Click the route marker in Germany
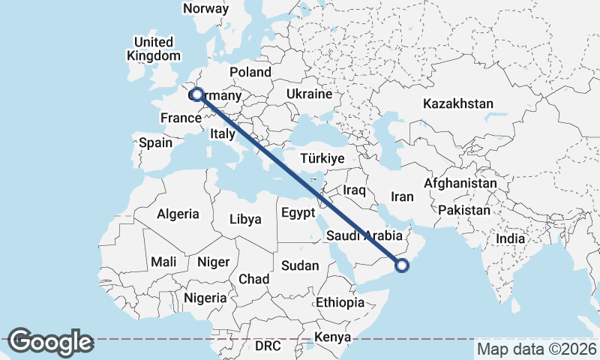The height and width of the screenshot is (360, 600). tap(196, 94)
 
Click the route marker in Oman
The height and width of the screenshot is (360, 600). tap(402, 264)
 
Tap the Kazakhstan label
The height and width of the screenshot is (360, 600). tap(458, 103)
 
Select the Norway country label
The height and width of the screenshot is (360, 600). tap(205, 9)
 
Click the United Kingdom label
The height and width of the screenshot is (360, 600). tap(154, 49)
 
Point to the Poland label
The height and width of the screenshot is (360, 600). tap(250, 72)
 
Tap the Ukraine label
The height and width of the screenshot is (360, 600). tap(308, 94)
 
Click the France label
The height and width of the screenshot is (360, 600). tap(181, 118)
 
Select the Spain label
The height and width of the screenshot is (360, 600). tap(156, 142)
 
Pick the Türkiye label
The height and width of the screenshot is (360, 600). tap(322, 159)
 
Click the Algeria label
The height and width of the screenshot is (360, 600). tap(178, 214)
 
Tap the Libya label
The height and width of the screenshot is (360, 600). tap(245, 220)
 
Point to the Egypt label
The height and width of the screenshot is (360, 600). tap(298, 213)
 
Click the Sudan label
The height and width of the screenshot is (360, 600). tap(300, 265)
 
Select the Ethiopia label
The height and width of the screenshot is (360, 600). tap(340, 302)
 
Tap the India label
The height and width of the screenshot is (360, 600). tap(511, 238)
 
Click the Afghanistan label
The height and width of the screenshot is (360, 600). tap(460, 183)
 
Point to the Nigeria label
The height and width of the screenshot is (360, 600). tap(205, 298)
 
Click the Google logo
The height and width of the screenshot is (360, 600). tap(50, 342)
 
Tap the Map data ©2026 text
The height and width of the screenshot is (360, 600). tap(536, 349)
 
